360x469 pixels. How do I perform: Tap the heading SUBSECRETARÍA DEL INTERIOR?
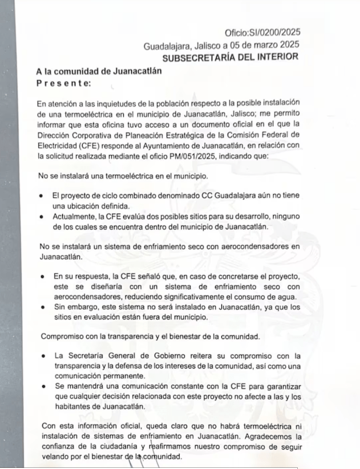pyautogui.click(x=230, y=57)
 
